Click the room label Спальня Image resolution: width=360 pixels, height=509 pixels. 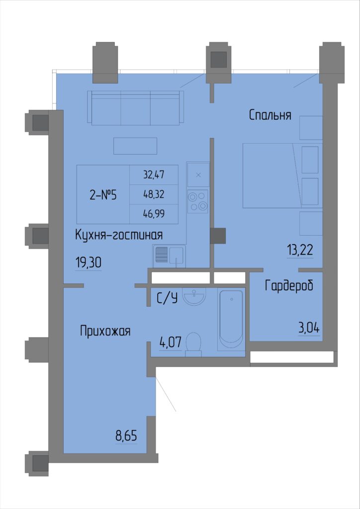(270, 115)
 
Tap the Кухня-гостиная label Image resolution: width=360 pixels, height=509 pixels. (119, 235)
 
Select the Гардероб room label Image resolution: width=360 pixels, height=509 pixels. (289, 286)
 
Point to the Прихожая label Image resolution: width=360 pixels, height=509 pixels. (105, 332)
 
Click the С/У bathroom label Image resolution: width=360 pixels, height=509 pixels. (167, 298)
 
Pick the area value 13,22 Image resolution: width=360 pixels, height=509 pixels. (300, 251)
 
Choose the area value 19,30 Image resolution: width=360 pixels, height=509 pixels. (89, 263)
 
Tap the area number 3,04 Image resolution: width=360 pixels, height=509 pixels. (309, 329)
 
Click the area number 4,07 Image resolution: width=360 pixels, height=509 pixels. (170, 342)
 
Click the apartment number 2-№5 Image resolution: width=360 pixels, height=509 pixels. (102, 195)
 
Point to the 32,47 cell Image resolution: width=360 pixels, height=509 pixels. (154, 175)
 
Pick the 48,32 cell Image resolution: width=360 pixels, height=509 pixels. (154, 194)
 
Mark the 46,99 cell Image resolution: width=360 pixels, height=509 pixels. (154, 214)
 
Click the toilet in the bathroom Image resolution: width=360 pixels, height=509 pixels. (193, 344)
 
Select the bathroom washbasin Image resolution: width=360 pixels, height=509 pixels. (194, 296)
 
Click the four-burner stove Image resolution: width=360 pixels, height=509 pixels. (198, 201)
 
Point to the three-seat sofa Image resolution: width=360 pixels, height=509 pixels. (135, 108)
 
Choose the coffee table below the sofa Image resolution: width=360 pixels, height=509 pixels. (135, 146)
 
